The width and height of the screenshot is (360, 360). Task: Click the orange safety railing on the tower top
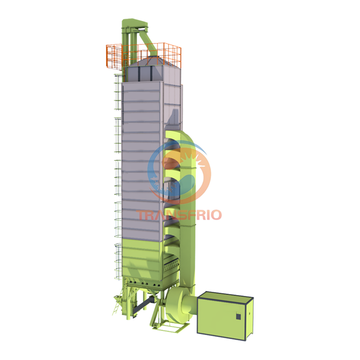pos(114,55)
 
